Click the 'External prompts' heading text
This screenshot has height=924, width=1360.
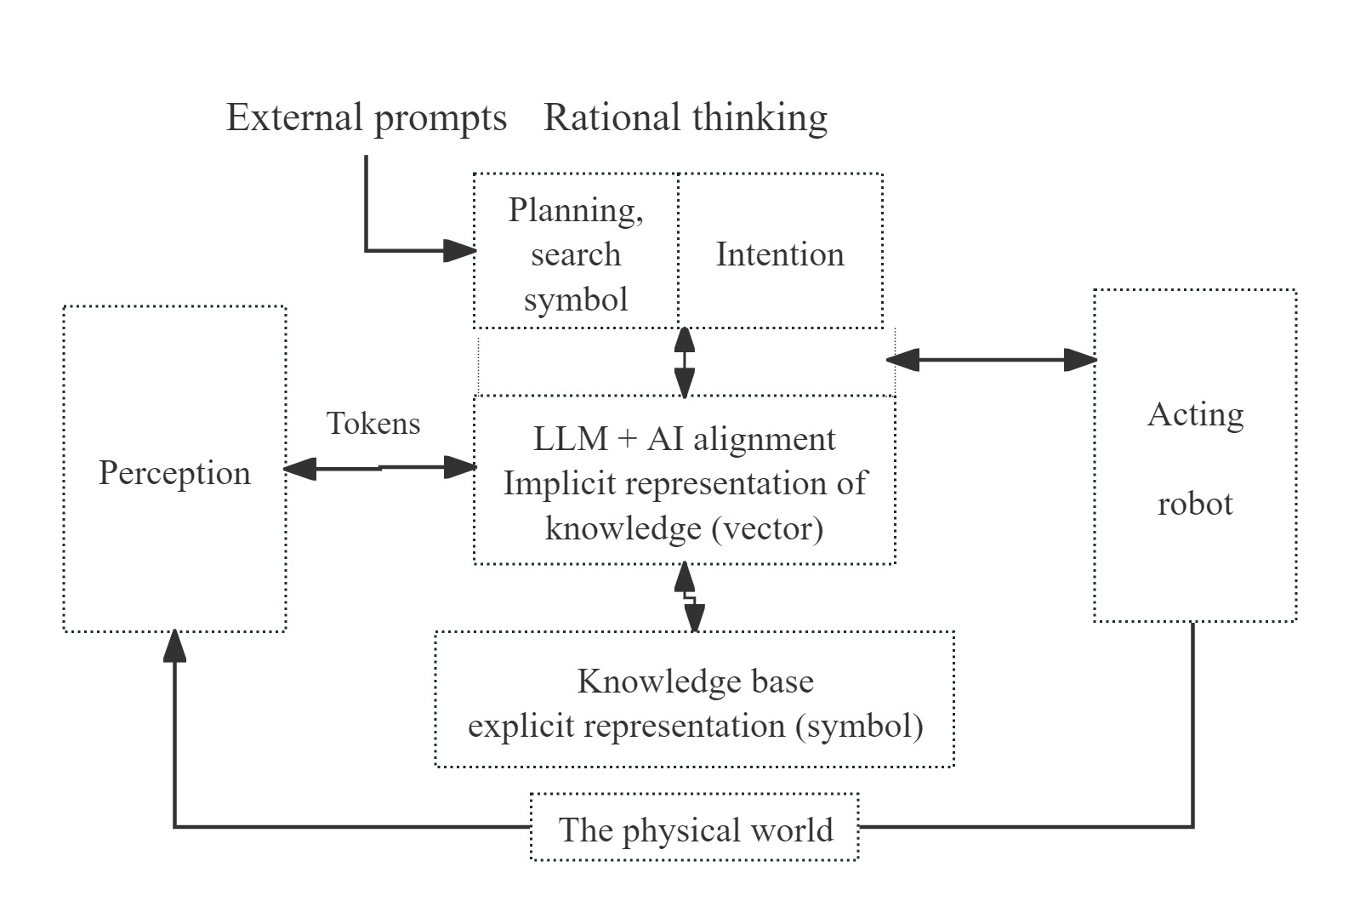[366, 117]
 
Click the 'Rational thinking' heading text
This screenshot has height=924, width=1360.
[686, 117]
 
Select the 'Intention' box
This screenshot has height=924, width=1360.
[780, 254]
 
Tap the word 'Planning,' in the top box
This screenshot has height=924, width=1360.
[576, 209]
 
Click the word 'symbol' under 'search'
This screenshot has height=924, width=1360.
[576, 299]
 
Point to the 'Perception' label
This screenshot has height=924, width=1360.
[174, 472]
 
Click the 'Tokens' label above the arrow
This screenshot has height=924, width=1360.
[373, 423]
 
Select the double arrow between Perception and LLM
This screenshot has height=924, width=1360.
[379, 467]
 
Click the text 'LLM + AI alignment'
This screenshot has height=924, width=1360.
[684, 439]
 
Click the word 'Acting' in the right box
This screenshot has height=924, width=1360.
[1195, 414]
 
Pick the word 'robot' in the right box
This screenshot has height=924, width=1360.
[1195, 504]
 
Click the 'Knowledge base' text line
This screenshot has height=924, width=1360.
[695, 682]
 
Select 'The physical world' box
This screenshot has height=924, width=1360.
[695, 829]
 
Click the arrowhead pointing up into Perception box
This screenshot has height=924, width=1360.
[174, 647]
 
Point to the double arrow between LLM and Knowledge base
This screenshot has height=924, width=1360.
[689, 597]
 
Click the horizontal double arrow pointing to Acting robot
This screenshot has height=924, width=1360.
[991, 360]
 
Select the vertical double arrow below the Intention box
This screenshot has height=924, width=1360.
[684, 362]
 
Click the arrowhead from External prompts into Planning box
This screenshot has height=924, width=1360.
[459, 250]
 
